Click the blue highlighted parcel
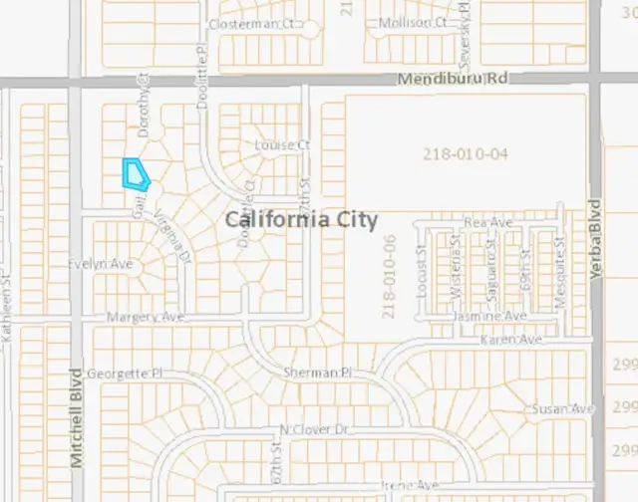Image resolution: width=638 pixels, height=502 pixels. (134, 173)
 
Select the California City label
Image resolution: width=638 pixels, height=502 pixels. (301, 219)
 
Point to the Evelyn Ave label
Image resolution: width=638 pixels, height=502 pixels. (100, 264)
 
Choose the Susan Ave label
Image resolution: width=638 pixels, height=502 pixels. (562, 409)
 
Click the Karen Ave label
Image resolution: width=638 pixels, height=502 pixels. (512, 341)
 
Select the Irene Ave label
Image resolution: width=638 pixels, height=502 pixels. (410, 485)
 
